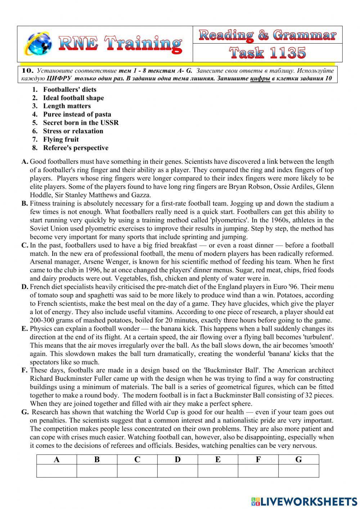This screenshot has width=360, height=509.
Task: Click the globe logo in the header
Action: click(x=37, y=44)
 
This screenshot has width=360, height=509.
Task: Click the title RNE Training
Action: click(x=120, y=44)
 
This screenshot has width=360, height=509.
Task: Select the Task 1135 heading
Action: click(x=267, y=53)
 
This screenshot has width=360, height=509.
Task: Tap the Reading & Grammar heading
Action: click(x=267, y=35)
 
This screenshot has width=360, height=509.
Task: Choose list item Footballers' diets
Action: click(x=69, y=90)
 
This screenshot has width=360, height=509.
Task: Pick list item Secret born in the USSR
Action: click(x=81, y=123)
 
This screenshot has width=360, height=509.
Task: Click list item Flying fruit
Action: click(x=60, y=139)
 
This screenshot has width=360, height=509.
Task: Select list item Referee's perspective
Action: click(x=76, y=148)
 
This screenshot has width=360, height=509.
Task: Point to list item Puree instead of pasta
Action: click(x=77, y=115)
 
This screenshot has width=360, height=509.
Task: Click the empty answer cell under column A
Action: click(x=57, y=471)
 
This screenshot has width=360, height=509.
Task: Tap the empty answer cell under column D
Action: click(x=177, y=471)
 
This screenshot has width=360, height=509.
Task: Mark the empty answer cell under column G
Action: click(x=298, y=471)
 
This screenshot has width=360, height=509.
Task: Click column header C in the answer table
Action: click(x=137, y=460)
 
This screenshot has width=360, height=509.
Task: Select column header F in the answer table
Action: click(x=258, y=460)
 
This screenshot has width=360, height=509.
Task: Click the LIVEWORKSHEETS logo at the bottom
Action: click(x=304, y=501)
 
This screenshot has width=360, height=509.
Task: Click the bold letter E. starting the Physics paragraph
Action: click(x=24, y=329)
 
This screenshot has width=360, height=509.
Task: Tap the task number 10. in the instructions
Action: click(x=27, y=71)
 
